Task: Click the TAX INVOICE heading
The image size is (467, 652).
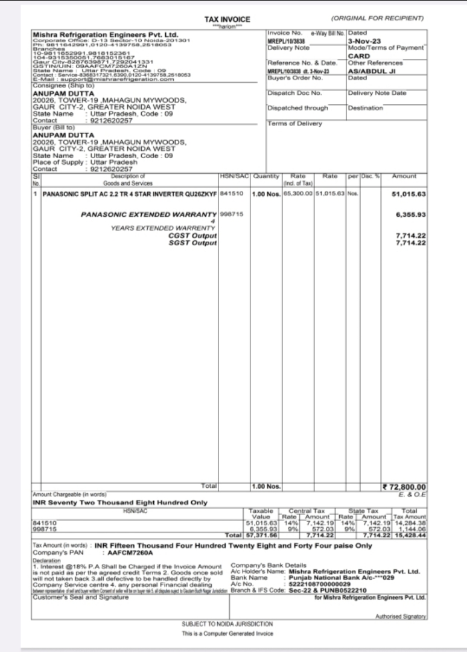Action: click(x=227, y=20)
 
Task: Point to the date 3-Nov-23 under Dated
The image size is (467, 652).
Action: click(x=364, y=41)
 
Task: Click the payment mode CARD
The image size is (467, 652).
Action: click(x=358, y=56)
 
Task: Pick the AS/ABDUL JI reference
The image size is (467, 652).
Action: click(x=370, y=71)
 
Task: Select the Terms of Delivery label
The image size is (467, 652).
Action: click(x=295, y=123)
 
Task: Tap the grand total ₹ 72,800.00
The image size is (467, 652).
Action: click(x=404, y=487)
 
